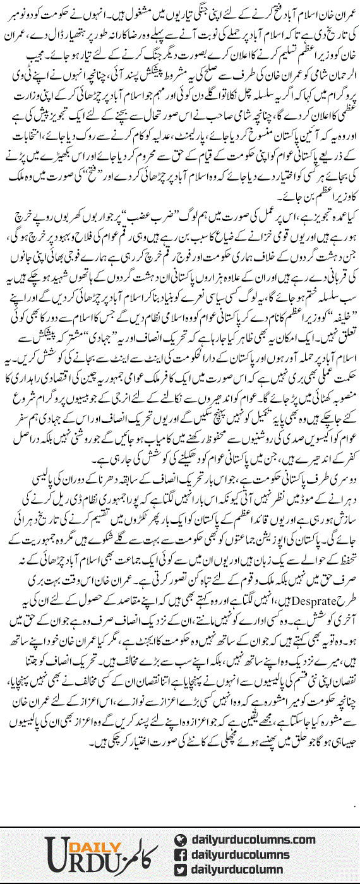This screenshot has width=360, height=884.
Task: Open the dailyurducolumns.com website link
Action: (x=253, y=840)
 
